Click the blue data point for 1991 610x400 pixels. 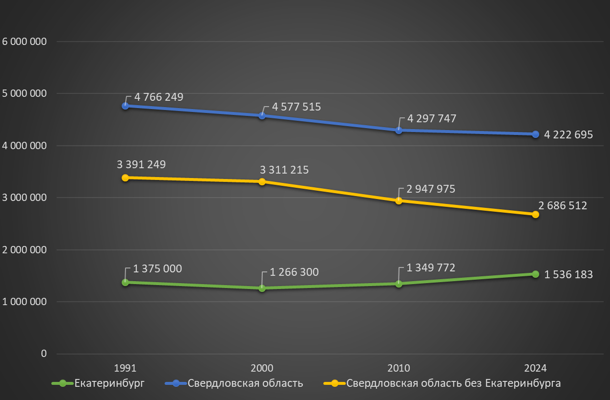[125, 106]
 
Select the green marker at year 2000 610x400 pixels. [262, 288]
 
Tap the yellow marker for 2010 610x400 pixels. [399, 201]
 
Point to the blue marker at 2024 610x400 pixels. [535, 134]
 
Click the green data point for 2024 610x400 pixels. [535, 274]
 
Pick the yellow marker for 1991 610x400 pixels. [125, 178]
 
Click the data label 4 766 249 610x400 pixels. [159, 97]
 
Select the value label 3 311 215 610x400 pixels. [284, 169]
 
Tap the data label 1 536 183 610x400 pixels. [568, 275]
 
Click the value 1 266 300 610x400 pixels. [294, 272]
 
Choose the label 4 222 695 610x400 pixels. [568, 136]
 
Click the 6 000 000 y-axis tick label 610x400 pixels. [24, 42]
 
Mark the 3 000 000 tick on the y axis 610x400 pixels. [24, 198]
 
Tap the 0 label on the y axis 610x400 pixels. [43, 354]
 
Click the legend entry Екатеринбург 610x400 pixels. [109, 383]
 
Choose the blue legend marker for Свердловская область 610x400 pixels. [176, 383]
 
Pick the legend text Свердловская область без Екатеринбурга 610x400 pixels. [453, 383]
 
